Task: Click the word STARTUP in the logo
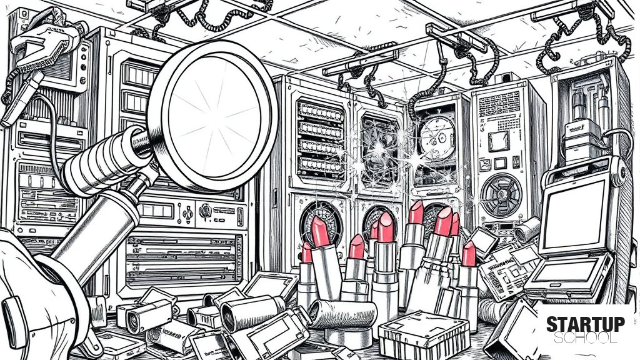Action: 585,324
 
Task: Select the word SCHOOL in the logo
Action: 585,337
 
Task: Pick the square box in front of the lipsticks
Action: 424,335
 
